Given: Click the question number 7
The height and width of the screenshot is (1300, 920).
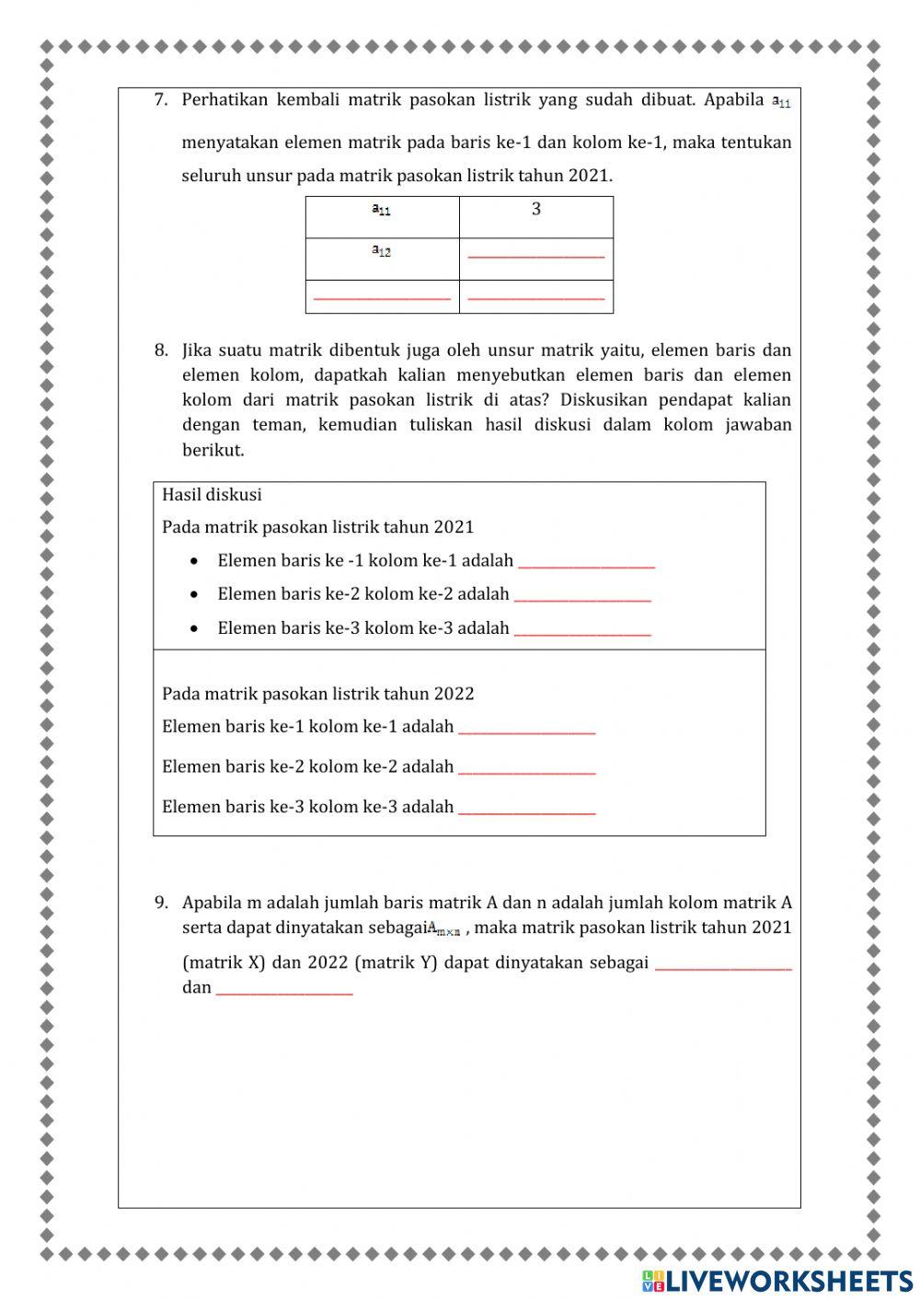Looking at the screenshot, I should point(161,100).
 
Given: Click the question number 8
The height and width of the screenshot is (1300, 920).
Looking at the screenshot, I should point(161,351).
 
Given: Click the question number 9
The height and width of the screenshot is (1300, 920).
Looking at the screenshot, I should point(161,903).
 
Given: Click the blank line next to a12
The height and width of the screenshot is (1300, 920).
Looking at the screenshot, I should point(536,256).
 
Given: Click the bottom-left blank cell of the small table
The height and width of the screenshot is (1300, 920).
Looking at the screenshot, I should point(382,297).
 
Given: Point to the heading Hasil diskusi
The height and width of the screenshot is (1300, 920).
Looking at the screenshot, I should point(212,495).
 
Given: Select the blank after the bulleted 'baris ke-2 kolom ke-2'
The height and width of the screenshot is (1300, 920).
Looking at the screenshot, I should point(582,596).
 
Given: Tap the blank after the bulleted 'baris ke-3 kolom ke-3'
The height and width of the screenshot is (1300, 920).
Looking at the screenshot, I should point(582,630).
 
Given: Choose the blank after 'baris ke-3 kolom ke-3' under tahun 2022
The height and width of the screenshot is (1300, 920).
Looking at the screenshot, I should point(527,810).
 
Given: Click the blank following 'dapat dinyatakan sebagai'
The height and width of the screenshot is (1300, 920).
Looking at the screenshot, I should point(723,965).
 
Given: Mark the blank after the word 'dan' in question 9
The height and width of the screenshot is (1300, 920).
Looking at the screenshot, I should point(284,990).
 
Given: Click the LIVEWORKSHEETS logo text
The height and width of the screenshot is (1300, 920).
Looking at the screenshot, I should point(788,1281).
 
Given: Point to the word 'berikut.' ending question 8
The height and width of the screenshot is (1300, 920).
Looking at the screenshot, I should point(213,451).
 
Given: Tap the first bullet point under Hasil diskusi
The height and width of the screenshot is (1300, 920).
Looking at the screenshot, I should point(194,561).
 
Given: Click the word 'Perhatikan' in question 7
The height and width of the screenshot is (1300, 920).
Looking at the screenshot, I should point(224,100).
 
